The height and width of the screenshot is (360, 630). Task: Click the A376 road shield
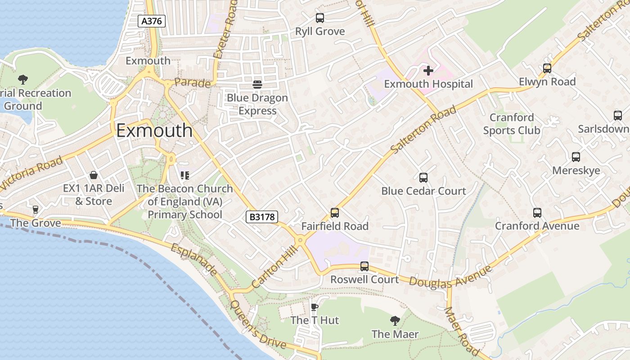(x=152, y=21)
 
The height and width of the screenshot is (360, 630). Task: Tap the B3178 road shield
(x=261, y=217)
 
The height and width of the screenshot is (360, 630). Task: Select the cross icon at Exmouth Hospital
(x=428, y=70)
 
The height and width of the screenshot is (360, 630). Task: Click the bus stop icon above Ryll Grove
(x=320, y=18)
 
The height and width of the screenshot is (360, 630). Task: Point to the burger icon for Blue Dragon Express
(x=257, y=84)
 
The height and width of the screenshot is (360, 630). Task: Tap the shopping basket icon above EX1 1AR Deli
(x=94, y=175)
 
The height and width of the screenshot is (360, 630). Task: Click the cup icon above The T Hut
(x=315, y=307)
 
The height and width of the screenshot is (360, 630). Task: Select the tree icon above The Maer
(x=395, y=320)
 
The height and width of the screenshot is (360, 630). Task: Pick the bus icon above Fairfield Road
(x=334, y=212)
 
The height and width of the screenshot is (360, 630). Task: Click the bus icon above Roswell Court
(x=364, y=266)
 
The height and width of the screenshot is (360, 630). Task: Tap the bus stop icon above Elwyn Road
(x=547, y=68)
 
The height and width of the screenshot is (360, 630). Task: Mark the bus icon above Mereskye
(x=576, y=157)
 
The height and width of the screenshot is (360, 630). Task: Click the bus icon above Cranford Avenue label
(x=537, y=212)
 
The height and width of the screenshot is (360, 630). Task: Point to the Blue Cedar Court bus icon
(x=423, y=177)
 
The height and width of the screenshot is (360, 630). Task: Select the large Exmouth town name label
(x=154, y=130)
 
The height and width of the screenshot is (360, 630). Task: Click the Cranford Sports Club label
(x=512, y=124)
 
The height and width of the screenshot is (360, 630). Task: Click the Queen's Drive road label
(x=257, y=324)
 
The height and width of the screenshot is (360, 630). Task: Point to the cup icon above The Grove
(x=36, y=209)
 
